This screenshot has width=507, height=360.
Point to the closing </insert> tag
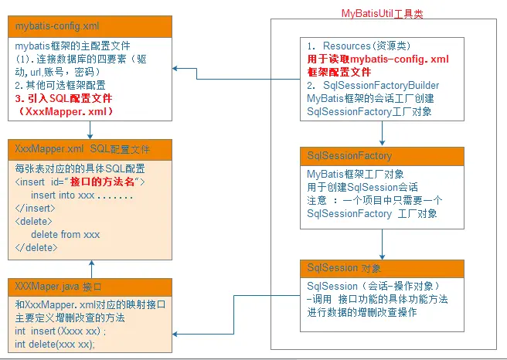(36, 209)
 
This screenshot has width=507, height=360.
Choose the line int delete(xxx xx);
(55, 344)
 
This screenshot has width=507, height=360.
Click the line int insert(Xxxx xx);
(59, 331)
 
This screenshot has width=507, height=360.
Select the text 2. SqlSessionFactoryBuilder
(373, 85)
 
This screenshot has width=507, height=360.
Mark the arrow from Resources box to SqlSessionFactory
(382, 134)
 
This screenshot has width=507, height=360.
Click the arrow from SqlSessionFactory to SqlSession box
(382, 244)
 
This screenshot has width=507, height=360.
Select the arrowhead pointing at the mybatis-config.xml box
(176, 70)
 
